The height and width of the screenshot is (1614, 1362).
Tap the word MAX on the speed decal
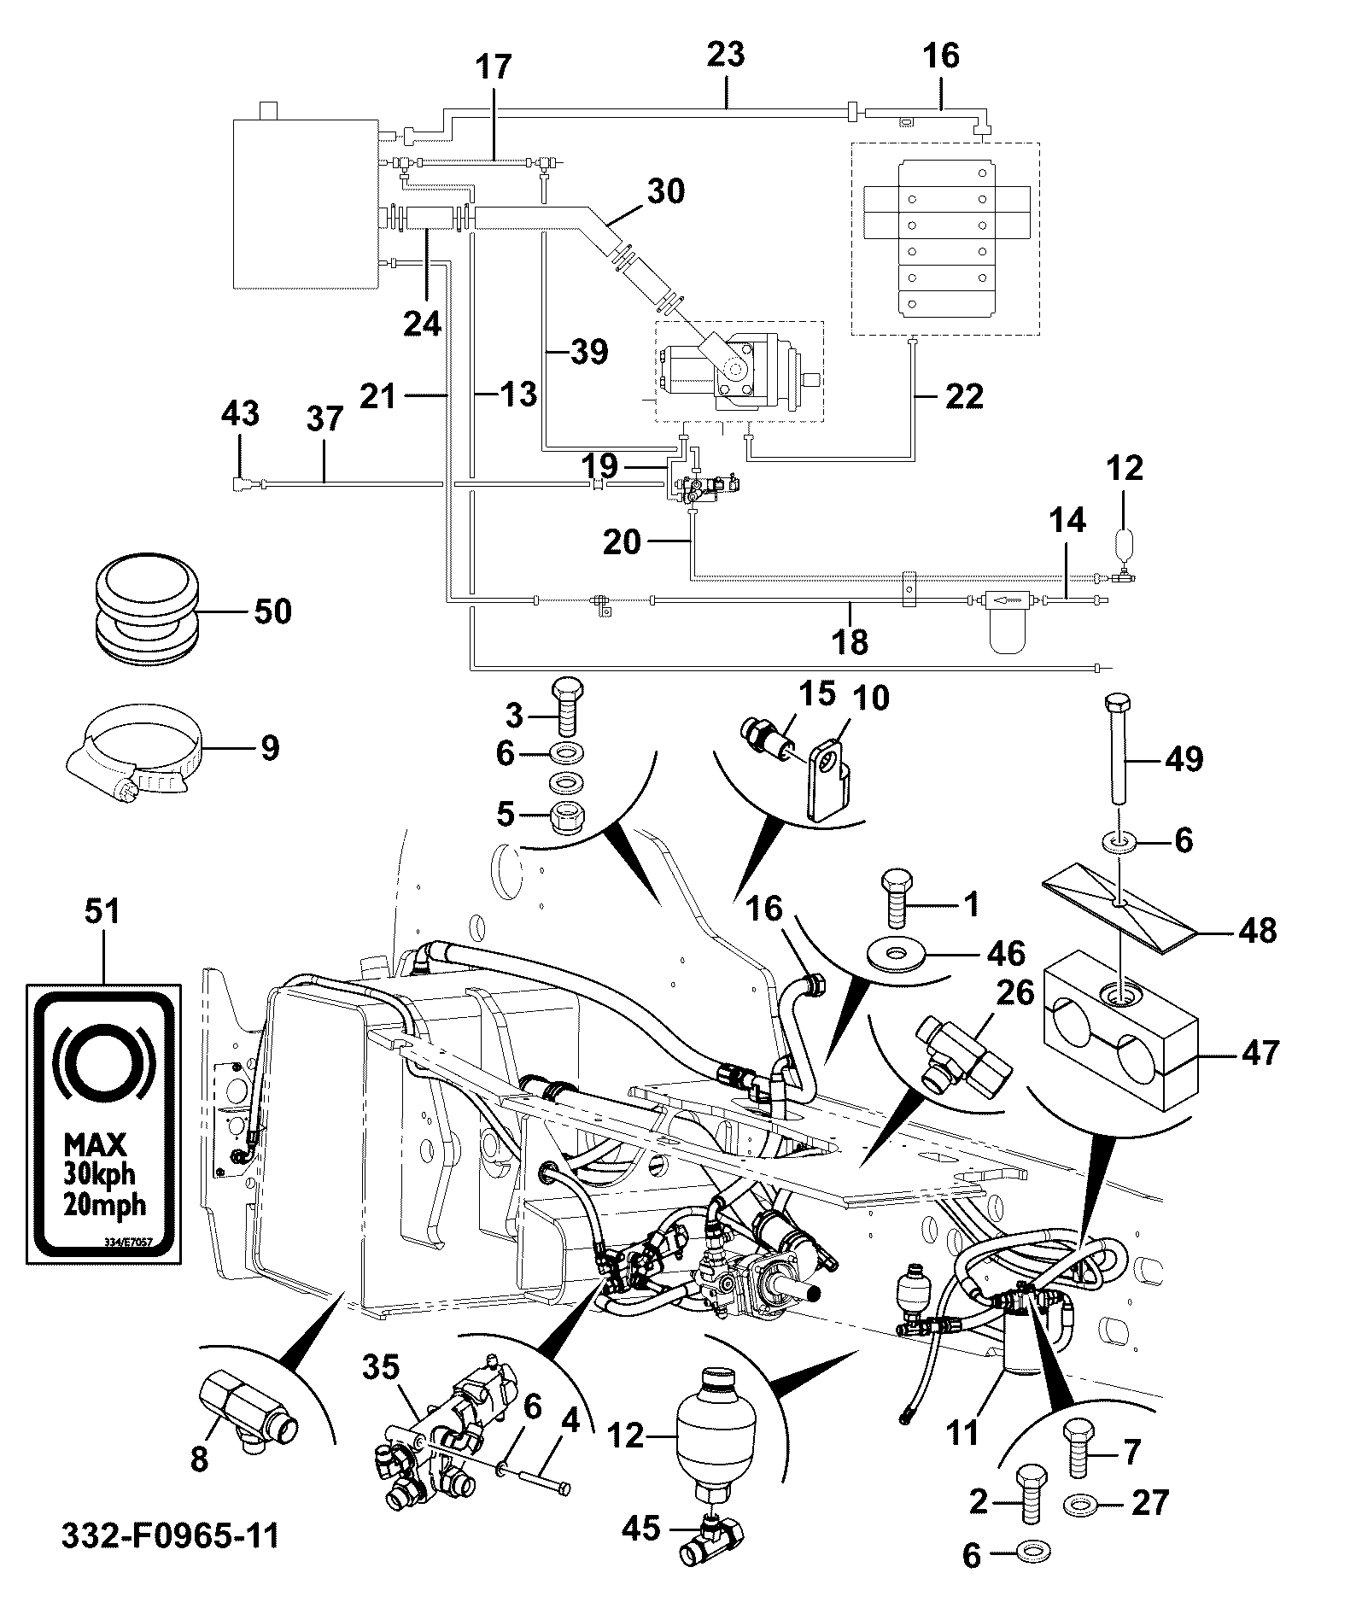click(96, 1144)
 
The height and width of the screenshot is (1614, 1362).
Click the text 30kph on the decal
click(98, 1173)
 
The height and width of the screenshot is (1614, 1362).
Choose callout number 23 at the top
click(726, 55)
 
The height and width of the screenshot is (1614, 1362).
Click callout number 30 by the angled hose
click(666, 191)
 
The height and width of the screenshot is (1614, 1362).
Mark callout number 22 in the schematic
click(964, 395)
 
